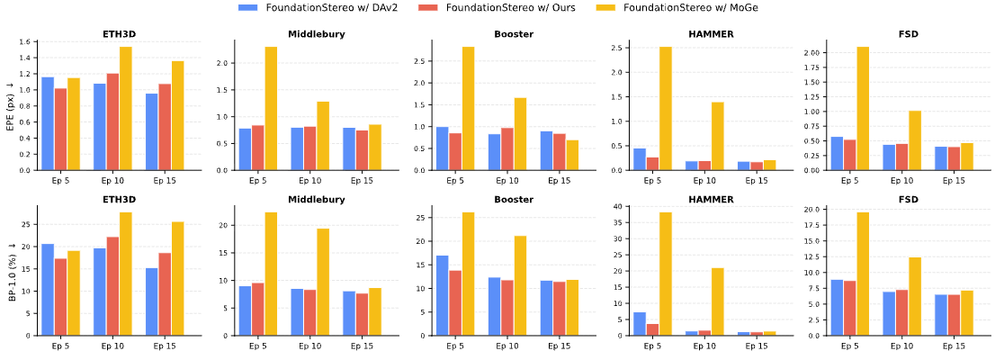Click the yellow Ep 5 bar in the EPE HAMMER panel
click(666, 108)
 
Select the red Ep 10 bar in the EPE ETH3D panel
click(112, 121)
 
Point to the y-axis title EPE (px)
click(10, 106)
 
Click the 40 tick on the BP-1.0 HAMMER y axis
click(618, 207)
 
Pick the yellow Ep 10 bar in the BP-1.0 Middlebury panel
click(324, 282)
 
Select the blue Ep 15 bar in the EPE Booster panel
click(546, 150)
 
